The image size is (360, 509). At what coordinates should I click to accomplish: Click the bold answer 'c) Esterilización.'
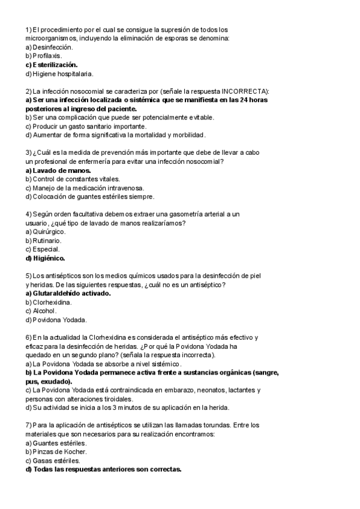tap(51, 65)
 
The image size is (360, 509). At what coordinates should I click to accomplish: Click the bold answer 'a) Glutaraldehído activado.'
tap(68, 294)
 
